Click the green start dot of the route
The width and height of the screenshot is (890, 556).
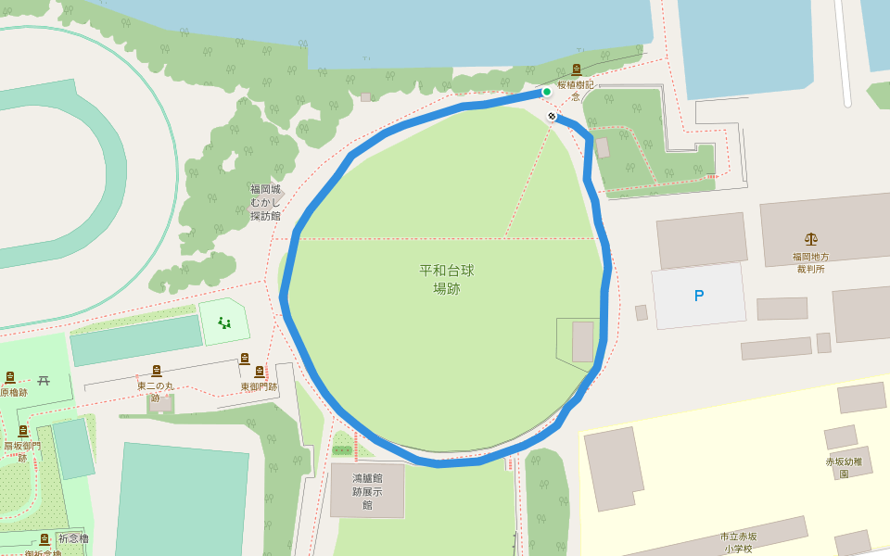[547, 92]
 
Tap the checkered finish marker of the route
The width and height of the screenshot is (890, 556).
[552, 116]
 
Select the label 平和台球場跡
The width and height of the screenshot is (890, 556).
[447, 279]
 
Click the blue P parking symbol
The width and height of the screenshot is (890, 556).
[699, 296]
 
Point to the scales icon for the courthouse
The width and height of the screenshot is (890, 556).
[811, 239]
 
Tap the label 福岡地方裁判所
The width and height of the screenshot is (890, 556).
[810, 262]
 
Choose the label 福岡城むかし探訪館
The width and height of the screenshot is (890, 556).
[266, 202]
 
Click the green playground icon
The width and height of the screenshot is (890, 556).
[223, 322]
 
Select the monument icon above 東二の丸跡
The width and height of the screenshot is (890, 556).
[156, 371]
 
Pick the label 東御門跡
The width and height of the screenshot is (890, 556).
[259, 386]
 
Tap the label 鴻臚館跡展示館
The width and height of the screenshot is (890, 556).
[367, 491]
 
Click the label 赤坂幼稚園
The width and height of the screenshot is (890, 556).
[844, 467]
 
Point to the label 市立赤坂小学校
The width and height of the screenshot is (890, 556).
[738, 542]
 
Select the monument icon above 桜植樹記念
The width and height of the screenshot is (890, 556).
[576, 69]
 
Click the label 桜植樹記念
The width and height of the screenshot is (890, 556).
[575, 90]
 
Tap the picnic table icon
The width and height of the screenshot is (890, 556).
[44, 380]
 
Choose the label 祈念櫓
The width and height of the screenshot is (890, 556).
[73, 537]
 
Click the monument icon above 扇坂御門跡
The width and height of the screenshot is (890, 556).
[23, 431]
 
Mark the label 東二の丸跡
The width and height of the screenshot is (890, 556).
[155, 391]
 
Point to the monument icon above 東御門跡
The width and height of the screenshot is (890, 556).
[245, 359]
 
